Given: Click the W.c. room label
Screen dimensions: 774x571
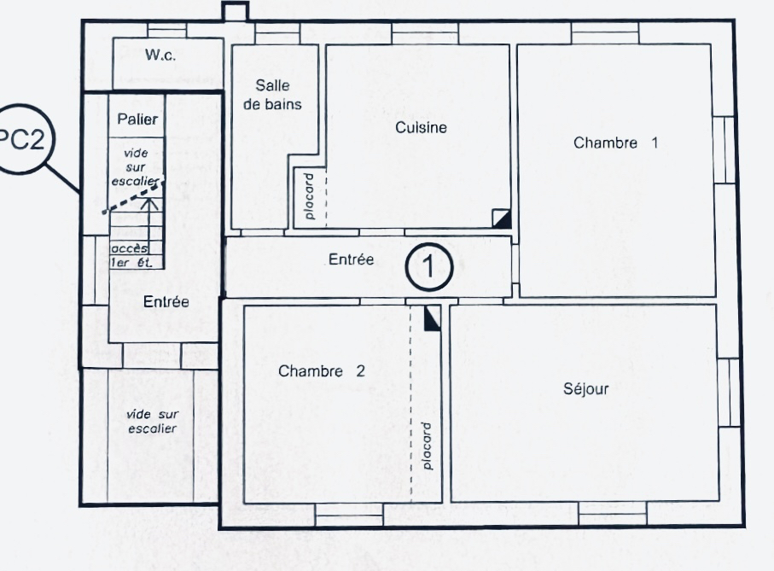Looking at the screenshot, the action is point(160,55).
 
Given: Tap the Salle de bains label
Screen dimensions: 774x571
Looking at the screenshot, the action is point(272,95).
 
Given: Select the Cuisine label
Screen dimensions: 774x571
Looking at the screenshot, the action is point(421,127).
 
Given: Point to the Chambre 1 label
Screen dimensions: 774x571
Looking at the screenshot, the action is point(615,143).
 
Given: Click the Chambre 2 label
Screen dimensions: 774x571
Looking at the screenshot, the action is point(322,371).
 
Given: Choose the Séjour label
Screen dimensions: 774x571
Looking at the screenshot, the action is point(586,388).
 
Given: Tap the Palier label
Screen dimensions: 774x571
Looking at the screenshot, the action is point(137,119).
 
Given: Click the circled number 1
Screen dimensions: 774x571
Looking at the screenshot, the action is point(429,267).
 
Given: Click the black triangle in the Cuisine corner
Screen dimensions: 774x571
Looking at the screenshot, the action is point(503,218).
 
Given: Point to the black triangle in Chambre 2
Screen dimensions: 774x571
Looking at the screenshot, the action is point(432,319).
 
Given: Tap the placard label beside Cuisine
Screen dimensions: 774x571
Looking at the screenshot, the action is point(309,196).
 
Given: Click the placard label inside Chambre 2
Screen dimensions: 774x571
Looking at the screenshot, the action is point(427,446).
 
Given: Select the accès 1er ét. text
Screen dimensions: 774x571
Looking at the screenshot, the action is point(131,256).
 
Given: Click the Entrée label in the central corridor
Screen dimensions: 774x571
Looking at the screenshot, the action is point(351,259).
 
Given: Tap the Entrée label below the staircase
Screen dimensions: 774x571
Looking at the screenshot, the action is point(166,301).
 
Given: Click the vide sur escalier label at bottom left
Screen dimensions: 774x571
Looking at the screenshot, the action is point(152,421).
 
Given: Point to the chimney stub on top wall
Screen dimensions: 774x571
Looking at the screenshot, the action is point(235,11).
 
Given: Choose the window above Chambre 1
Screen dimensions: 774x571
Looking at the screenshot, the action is point(605,32).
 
